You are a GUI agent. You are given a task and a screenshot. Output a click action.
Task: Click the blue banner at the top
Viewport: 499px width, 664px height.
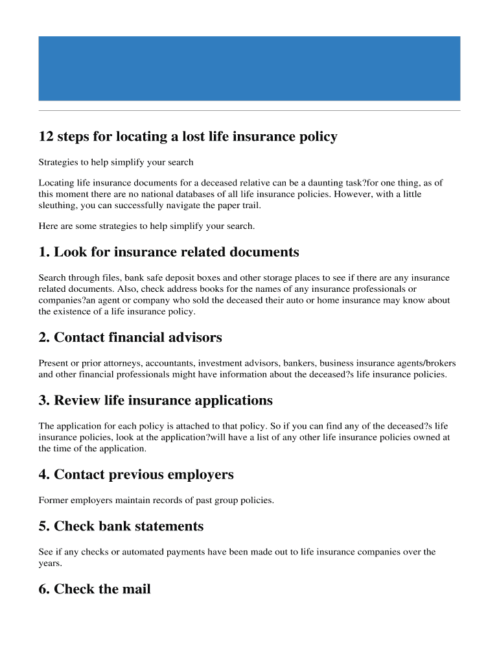click(x=250, y=68)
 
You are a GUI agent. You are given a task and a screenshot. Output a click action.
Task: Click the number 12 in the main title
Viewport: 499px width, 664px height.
click(x=45, y=137)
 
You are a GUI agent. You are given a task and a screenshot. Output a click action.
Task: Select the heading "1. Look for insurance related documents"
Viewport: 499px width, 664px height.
click(x=168, y=252)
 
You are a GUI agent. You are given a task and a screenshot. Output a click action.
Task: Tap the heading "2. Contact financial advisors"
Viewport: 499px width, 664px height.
click(x=130, y=337)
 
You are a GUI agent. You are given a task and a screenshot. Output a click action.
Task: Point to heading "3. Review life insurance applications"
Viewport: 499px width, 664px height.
click(x=156, y=400)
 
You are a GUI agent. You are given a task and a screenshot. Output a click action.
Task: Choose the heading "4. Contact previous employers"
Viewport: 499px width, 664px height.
click(x=136, y=474)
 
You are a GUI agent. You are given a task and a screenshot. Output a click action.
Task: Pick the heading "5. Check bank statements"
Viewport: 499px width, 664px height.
click(x=121, y=526)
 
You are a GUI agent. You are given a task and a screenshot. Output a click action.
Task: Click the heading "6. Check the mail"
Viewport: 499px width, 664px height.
click(x=95, y=589)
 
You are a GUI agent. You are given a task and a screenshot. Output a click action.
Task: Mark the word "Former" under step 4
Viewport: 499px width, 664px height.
click(x=53, y=500)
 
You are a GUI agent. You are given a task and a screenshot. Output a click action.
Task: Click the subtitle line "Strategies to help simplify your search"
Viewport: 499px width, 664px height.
click(x=116, y=162)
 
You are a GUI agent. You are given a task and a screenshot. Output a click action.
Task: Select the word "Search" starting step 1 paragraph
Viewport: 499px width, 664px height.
click(x=52, y=278)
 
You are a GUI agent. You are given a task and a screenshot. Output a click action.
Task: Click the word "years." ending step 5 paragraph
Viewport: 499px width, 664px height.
click(x=51, y=563)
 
